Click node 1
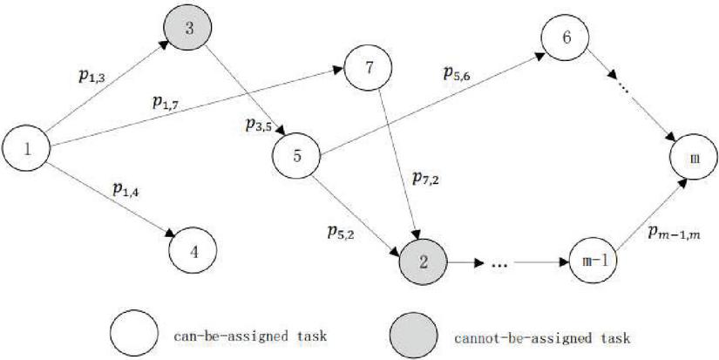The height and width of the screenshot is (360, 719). (28, 147)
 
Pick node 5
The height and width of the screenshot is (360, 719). (297, 157)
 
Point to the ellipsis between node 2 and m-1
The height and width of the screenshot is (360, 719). (499, 262)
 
